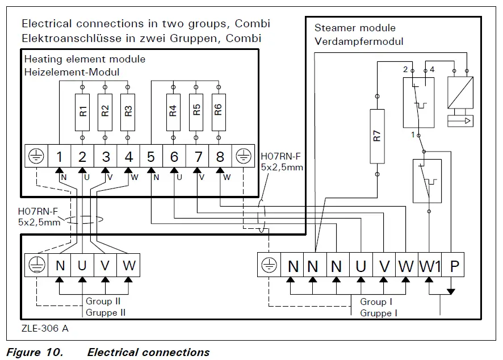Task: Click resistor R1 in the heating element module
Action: pos(82,112)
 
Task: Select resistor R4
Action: pos(173,112)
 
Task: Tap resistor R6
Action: pos(219,112)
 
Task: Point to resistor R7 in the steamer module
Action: pos(377,136)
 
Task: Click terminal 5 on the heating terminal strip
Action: pos(151,156)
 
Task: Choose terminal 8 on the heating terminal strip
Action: pos(220,156)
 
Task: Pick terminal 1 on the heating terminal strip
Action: pos(60,156)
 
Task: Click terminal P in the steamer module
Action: pos(453,265)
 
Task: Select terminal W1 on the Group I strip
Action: pos(430,265)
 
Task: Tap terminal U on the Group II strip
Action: pos(82,265)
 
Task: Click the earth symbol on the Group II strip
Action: pos(36,265)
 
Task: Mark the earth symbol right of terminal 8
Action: pos(243,156)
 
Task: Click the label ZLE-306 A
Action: pos(45,328)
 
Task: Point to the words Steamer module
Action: pos(355,28)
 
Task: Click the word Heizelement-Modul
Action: pos(72,72)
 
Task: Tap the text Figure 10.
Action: pos(35,352)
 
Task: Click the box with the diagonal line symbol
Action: pos(460,93)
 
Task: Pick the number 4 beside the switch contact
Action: pos(432,69)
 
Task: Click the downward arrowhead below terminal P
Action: pos(451,291)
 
